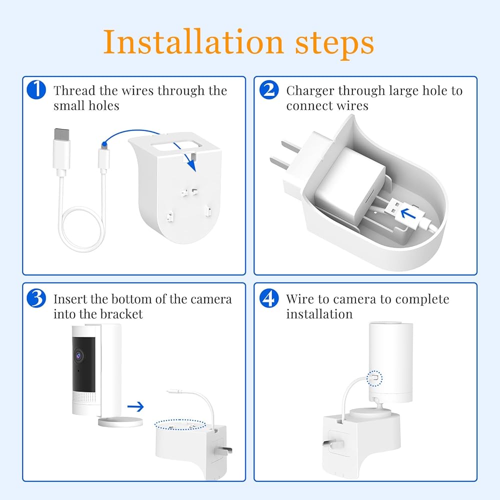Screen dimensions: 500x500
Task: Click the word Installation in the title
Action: click(x=193, y=42)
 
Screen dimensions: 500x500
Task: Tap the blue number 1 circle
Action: click(x=36, y=89)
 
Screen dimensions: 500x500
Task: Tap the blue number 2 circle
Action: click(x=269, y=89)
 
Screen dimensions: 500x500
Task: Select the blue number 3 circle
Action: click(x=36, y=298)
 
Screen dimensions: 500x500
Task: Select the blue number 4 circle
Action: click(x=269, y=298)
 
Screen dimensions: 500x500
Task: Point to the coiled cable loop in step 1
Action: click(x=82, y=229)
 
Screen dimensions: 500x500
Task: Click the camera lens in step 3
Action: click(x=78, y=355)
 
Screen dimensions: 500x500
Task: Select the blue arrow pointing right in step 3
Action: click(x=135, y=406)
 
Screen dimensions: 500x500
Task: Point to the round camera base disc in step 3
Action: click(x=120, y=421)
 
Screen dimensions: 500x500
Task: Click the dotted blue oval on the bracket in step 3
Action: click(x=180, y=424)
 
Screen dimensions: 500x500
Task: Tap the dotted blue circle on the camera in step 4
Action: click(x=374, y=378)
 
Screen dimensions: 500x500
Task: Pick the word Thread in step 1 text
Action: click(x=74, y=90)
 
